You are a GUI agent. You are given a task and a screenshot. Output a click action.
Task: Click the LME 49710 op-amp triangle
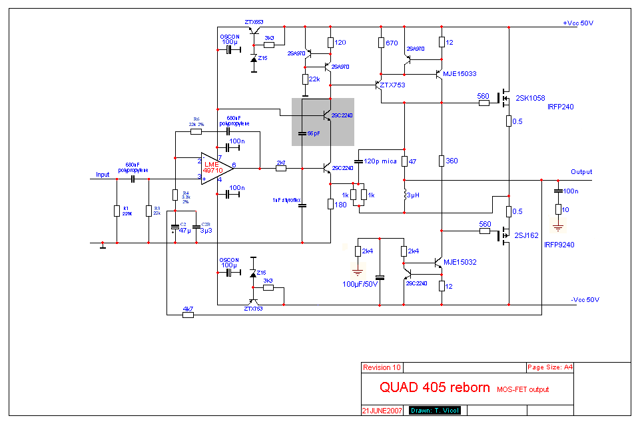[215, 167]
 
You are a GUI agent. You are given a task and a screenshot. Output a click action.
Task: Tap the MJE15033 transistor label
[460, 73]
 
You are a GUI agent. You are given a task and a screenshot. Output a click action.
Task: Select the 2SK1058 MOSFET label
[531, 97]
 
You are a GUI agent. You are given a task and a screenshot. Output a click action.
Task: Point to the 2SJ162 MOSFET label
[527, 236]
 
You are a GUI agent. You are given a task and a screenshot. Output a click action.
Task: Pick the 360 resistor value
[452, 161]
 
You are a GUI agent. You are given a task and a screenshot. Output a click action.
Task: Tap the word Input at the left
[103, 175]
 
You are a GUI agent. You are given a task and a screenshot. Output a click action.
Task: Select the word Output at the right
[581, 172]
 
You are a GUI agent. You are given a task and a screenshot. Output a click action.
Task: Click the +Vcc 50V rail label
[577, 23]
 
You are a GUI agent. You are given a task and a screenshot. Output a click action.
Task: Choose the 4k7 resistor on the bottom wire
[188, 309]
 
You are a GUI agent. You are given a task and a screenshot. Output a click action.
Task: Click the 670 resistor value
[392, 43]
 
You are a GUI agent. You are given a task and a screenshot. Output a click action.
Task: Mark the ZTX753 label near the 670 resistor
[393, 85]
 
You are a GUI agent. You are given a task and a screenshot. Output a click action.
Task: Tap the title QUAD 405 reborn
[434, 387]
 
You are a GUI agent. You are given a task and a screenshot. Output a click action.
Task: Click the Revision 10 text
[382, 367]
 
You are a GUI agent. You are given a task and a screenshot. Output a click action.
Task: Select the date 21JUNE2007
[382, 409]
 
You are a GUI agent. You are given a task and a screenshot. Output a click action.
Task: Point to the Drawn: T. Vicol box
[434, 410]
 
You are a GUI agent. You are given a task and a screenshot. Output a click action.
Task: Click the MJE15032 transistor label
[460, 263]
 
